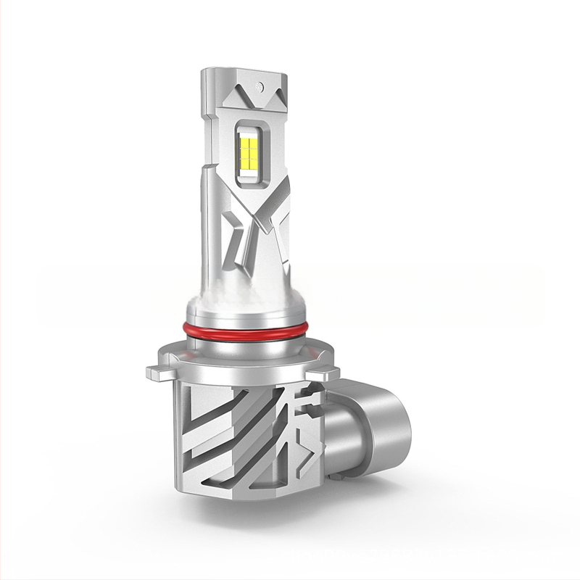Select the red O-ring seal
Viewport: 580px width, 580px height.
tap(246, 330)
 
